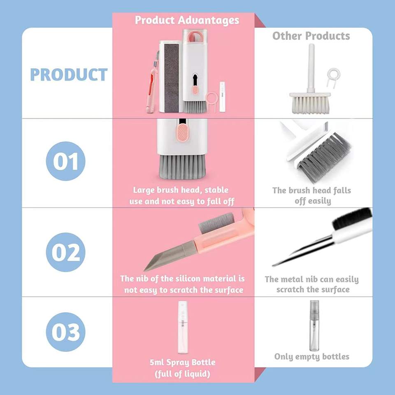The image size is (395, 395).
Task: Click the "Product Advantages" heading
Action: coord(187,20)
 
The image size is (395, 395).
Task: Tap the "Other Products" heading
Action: coord(311,36)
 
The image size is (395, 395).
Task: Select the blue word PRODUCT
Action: coord(69,74)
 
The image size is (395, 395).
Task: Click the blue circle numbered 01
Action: coord(65,161)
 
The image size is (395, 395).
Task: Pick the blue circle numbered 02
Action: coord(65,252)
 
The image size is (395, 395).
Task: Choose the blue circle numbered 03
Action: coord(65,332)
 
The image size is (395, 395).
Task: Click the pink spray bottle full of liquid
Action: coord(183,327)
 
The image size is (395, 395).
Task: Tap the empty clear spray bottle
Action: coord(314,325)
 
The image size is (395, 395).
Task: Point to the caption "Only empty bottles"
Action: coord(311,356)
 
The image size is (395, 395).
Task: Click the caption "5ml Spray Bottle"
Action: coord(182,362)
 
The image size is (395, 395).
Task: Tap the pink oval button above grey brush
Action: coord(182,133)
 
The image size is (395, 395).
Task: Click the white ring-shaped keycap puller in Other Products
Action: coord(334,76)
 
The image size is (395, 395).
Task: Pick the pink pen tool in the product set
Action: coord(152,83)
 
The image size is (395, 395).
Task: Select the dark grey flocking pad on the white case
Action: coord(172,78)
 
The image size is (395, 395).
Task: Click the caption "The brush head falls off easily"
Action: coord(312,195)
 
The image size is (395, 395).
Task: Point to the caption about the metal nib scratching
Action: coord(312,284)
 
